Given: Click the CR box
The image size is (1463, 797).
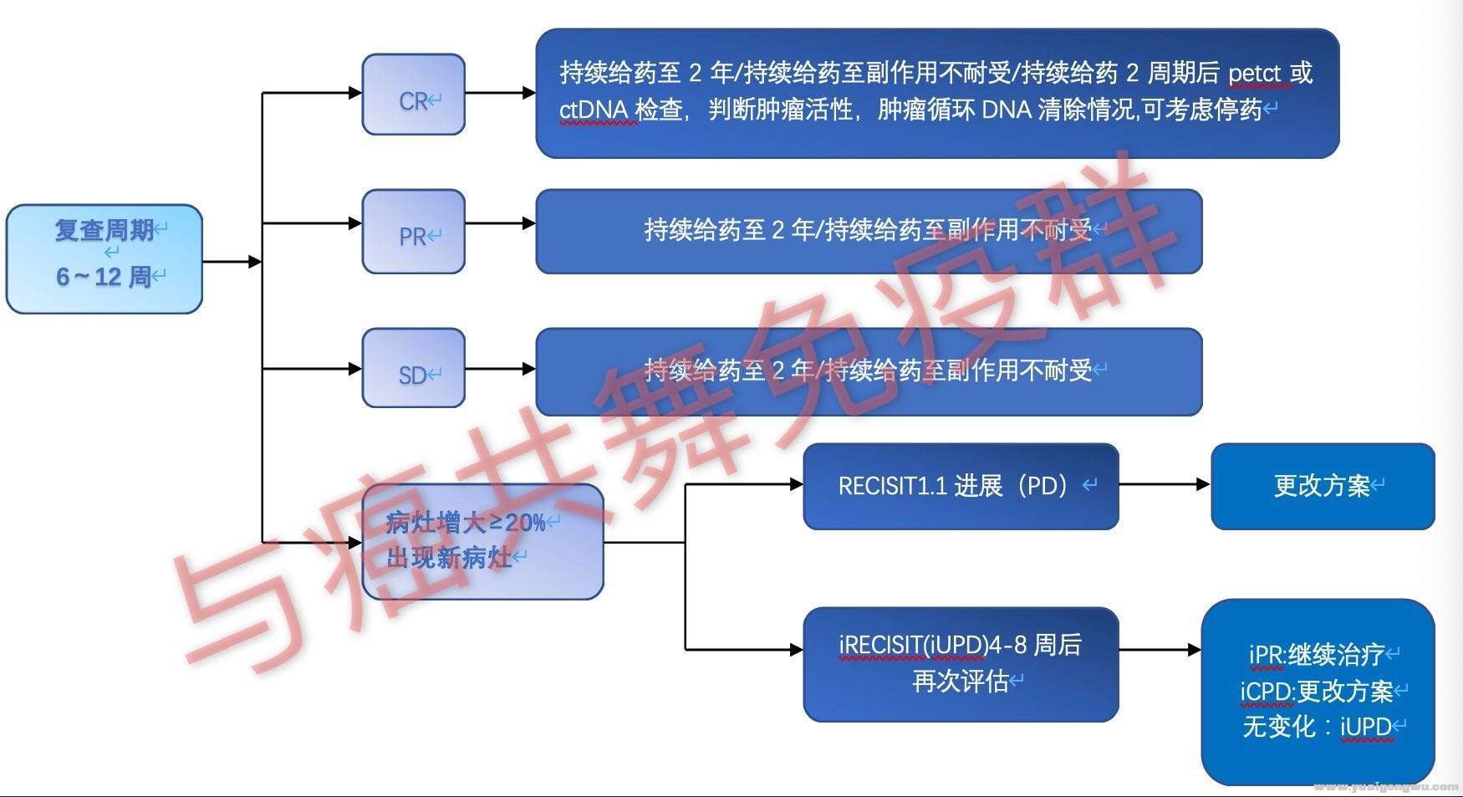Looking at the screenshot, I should tap(413, 95).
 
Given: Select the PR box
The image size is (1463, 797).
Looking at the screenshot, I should tap(413, 232).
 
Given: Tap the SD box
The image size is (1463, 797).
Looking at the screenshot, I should tap(413, 369).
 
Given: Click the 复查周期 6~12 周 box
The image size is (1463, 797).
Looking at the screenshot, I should tap(104, 259).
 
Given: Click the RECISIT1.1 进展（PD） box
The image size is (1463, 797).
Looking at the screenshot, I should tap(961, 486).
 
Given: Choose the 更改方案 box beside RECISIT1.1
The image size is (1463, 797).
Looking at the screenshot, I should tap(1323, 486).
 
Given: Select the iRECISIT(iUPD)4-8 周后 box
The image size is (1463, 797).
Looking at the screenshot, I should tap(961, 664).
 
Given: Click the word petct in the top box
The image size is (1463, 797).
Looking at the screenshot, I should tap(1255, 74).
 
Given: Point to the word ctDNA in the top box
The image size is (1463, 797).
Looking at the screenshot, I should tap(594, 110).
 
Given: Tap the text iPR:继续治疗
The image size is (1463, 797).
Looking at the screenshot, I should tap(1317, 655).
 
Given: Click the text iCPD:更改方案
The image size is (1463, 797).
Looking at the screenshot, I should tap(1317, 692).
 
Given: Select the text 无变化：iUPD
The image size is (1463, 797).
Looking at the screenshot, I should tap(1317, 727).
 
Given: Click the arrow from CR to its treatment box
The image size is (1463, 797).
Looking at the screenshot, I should tap(500, 93).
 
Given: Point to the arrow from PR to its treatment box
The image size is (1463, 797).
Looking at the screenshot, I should tap(500, 223).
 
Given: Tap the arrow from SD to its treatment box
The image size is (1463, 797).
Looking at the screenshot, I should tap(500, 369).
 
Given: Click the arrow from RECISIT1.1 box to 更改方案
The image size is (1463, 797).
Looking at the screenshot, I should tap(1165, 484).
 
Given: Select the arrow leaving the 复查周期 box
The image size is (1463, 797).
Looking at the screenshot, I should tap(232, 262).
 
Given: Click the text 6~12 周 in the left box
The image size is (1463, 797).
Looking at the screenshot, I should tap(103, 277).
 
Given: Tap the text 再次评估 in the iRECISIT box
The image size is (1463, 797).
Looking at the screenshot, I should tap(960, 682).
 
